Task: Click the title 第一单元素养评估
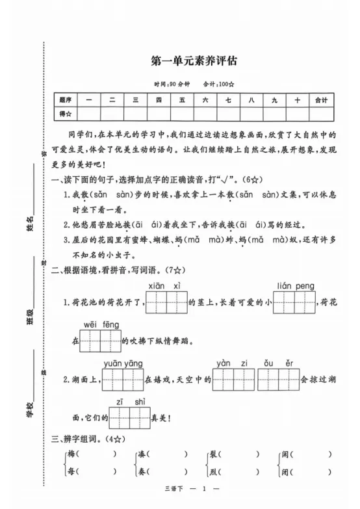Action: pyautogui.click(x=194, y=62)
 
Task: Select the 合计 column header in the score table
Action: pyautogui.click(x=320, y=100)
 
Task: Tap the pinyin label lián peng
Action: pyautogui.click(x=296, y=287)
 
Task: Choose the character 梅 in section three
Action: pyautogui.click(x=71, y=454)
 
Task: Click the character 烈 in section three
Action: pyautogui.click(x=212, y=473)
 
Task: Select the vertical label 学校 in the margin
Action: pyautogui.click(x=29, y=408)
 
